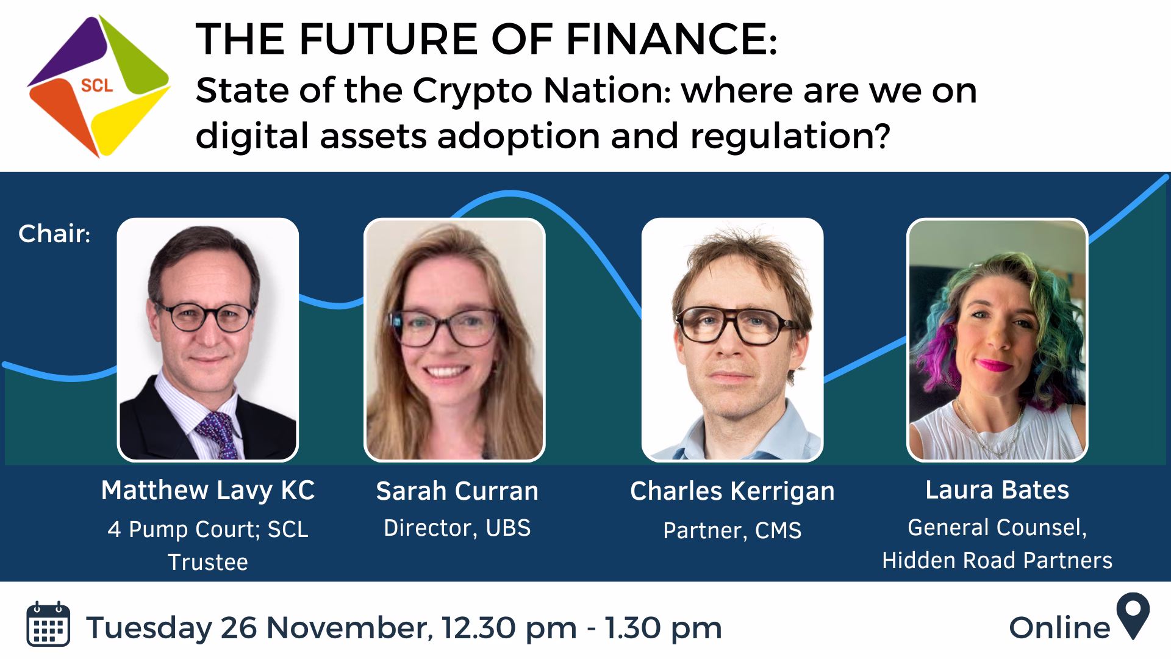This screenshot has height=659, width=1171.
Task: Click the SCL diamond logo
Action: click(98, 86)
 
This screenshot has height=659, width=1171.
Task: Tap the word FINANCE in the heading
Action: click(668, 39)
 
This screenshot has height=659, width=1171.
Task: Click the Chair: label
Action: click(54, 234)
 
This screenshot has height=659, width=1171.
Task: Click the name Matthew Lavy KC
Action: click(208, 491)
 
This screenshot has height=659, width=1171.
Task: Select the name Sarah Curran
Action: click(457, 491)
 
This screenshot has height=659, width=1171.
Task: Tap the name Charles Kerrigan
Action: click(732, 492)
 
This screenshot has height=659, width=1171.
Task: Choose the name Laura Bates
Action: click(997, 490)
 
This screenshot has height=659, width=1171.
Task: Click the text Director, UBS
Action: click(457, 528)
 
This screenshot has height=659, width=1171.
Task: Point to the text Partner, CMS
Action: click(732, 530)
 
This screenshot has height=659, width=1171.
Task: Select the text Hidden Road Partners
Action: click(997, 560)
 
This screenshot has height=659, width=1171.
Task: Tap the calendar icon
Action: click(48, 624)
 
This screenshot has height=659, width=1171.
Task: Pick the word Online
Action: click(1060, 627)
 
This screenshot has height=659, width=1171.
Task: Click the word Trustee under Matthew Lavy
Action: click(208, 562)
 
